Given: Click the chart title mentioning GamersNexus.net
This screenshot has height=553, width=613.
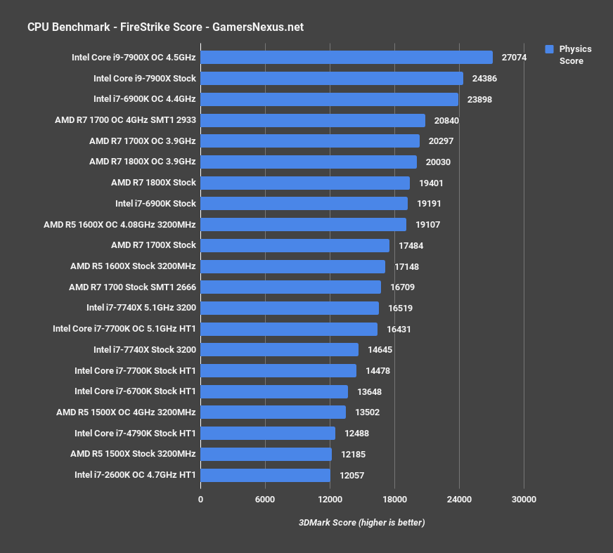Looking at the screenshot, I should pyautogui.click(x=165, y=27).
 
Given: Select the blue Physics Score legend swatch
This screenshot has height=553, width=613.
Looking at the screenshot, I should pyautogui.click(x=550, y=49).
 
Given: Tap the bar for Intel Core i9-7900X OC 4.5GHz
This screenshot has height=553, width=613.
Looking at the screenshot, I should pyautogui.click(x=347, y=58).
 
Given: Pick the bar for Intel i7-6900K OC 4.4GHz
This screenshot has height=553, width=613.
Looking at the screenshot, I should pyautogui.click(x=329, y=99).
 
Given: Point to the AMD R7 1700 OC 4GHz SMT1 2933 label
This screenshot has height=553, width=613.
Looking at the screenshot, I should pyautogui.click(x=125, y=120).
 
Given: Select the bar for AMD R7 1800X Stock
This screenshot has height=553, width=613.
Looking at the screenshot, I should pyautogui.click(x=305, y=183).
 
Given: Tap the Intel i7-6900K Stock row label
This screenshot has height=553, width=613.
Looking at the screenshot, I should pyautogui.click(x=155, y=204).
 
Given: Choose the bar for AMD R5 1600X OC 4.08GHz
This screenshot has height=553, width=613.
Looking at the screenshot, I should pyautogui.click(x=304, y=224).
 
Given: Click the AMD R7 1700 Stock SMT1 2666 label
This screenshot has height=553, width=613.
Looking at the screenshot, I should pyautogui.click(x=132, y=287).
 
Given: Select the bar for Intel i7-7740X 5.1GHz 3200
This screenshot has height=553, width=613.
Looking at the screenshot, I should pyautogui.click(x=290, y=308).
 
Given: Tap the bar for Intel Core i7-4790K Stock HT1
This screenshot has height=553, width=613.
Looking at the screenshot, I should pyautogui.click(x=268, y=434).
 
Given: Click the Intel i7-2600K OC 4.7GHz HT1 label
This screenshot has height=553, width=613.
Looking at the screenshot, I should pyautogui.click(x=135, y=475).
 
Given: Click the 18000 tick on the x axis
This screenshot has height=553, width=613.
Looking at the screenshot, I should pyautogui.click(x=394, y=500).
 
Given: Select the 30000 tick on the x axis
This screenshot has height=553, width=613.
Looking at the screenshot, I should pyautogui.click(x=524, y=500).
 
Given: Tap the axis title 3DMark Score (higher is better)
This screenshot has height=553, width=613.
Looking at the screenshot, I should pyautogui.click(x=362, y=523).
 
